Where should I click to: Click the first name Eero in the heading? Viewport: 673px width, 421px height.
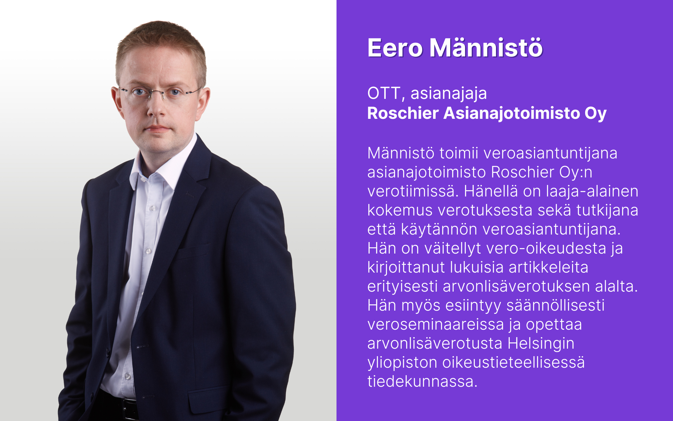click(x=395, y=48)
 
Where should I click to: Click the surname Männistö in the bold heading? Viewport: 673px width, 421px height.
click(x=486, y=47)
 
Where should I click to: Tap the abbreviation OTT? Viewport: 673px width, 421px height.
click(x=384, y=93)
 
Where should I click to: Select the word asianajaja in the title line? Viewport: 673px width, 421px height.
click(x=449, y=94)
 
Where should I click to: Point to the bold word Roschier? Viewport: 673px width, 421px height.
click(x=403, y=113)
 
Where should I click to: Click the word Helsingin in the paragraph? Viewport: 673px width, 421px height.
click(x=541, y=343)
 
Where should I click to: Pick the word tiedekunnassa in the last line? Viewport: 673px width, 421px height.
click(x=422, y=381)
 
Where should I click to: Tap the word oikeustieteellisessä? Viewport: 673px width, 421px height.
click(x=513, y=362)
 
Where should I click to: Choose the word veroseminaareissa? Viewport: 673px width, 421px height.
click(x=436, y=324)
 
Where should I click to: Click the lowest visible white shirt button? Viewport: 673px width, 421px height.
click(x=127, y=376)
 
